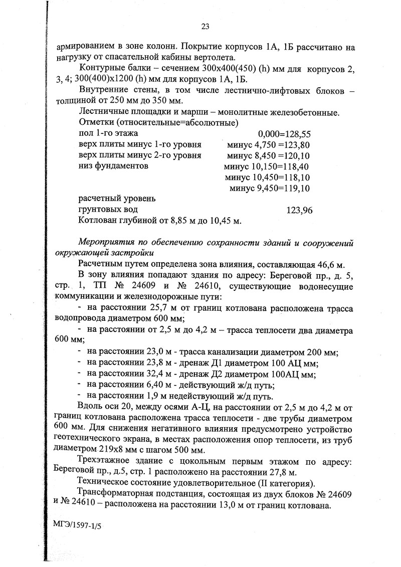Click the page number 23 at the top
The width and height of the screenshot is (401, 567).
point(205,27)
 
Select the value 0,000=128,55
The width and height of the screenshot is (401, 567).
point(285,134)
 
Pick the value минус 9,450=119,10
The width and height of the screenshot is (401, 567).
point(270,188)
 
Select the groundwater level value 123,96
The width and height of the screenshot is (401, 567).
point(299,210)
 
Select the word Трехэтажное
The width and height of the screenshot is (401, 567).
point(105,461)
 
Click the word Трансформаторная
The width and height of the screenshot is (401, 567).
point(115,494)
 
